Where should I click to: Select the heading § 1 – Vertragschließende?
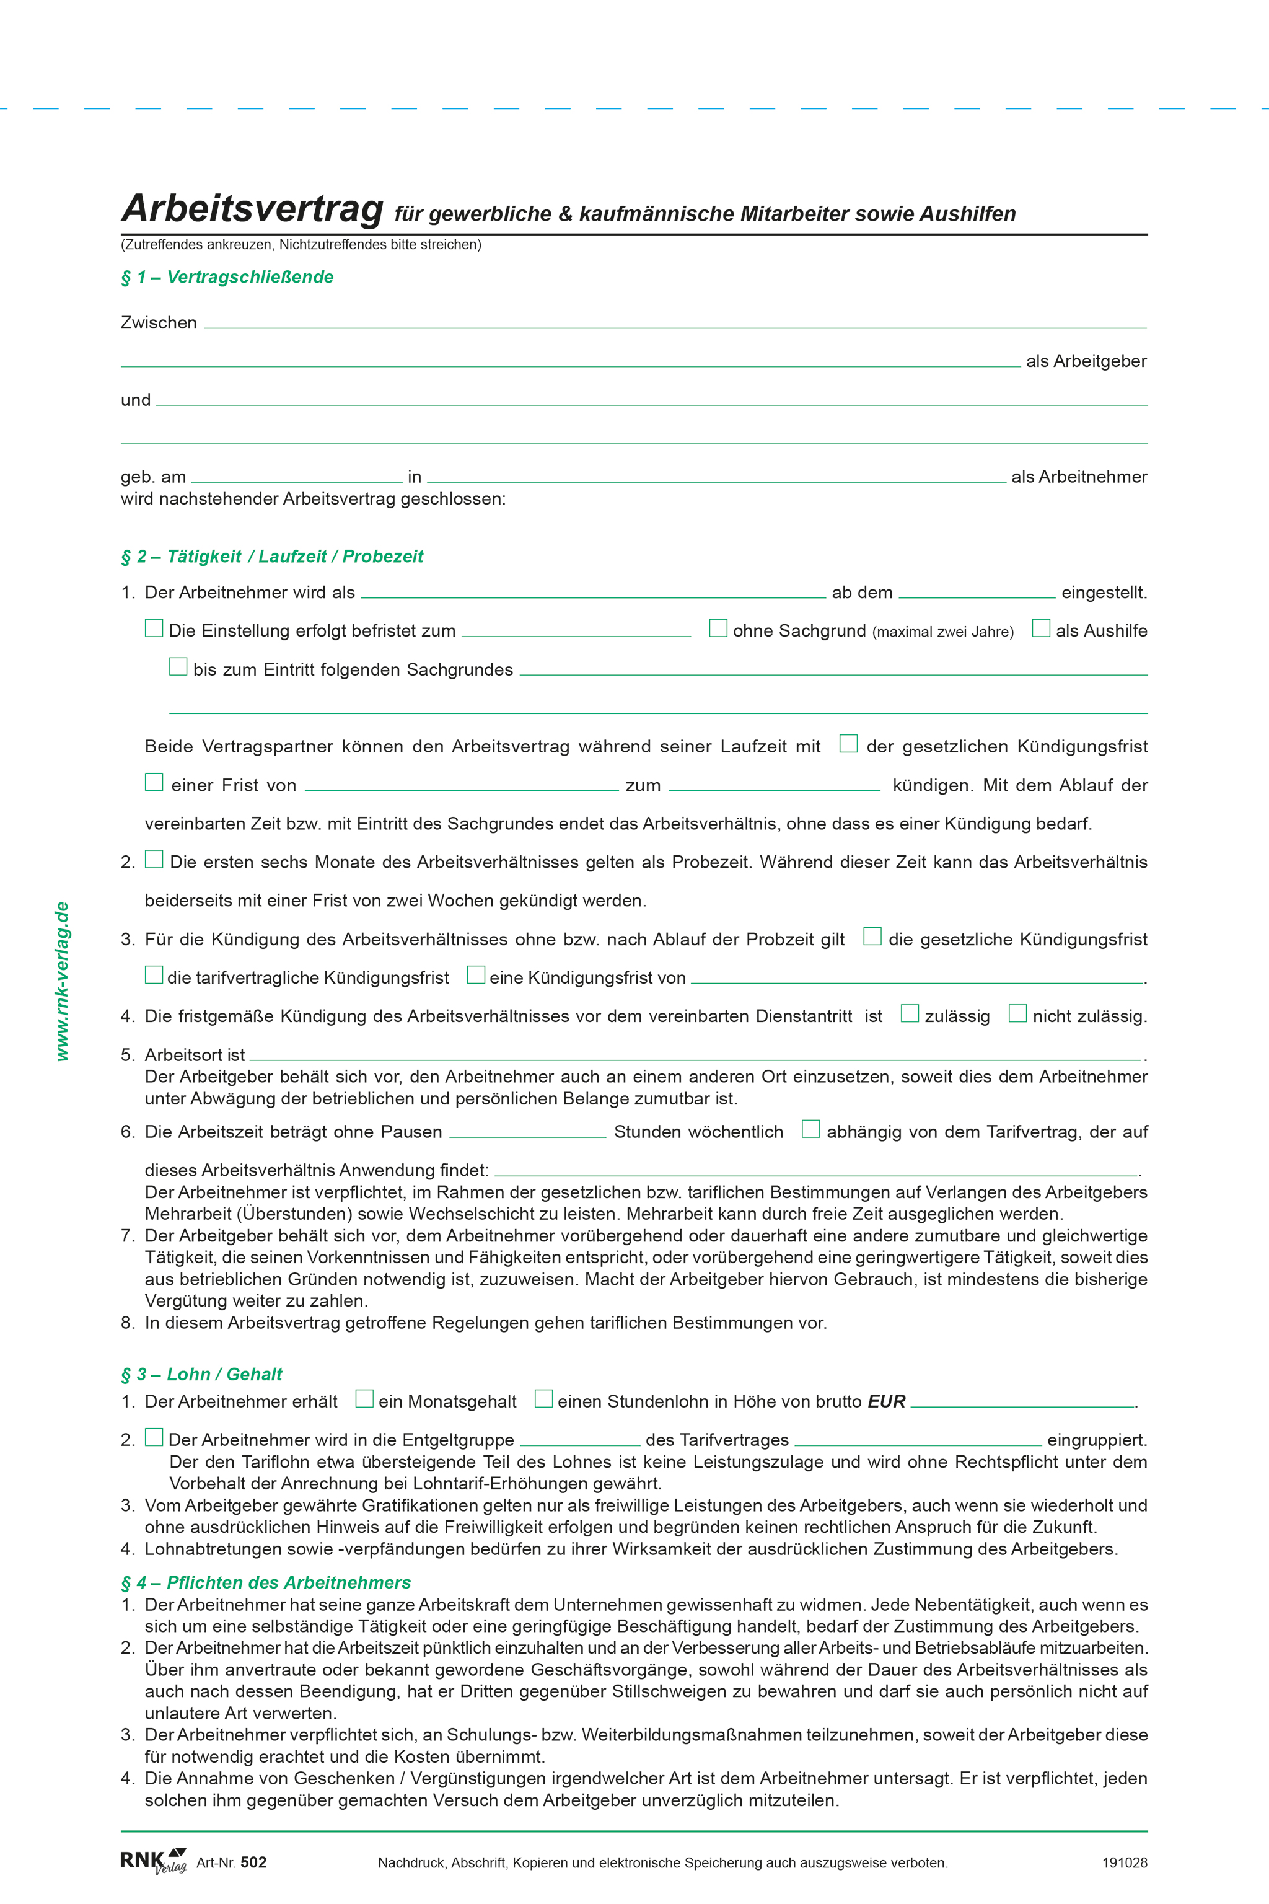tap(227, 278)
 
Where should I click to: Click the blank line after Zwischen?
tap(675, 323)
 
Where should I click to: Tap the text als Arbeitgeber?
tap(1086, 362)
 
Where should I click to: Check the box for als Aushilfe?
tap(1041, 628)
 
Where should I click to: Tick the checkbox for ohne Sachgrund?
tap(718, 628)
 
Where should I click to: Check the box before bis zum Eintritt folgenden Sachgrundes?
tap(178, 667)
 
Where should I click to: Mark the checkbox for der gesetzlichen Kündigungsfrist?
tap(848, 744)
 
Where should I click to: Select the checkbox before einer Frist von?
tap(154, 783)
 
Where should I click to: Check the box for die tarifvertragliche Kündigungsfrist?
tap(154, 976)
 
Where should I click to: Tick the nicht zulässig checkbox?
tap(1017, 1013)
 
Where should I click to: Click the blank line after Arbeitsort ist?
tap(695, 1056)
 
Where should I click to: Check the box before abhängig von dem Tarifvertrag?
tap(810, 1129)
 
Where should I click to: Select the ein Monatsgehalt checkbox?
tap(365, 1399)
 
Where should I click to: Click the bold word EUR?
tap(886, 1402)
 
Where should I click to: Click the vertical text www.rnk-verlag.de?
tap(63, 981)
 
